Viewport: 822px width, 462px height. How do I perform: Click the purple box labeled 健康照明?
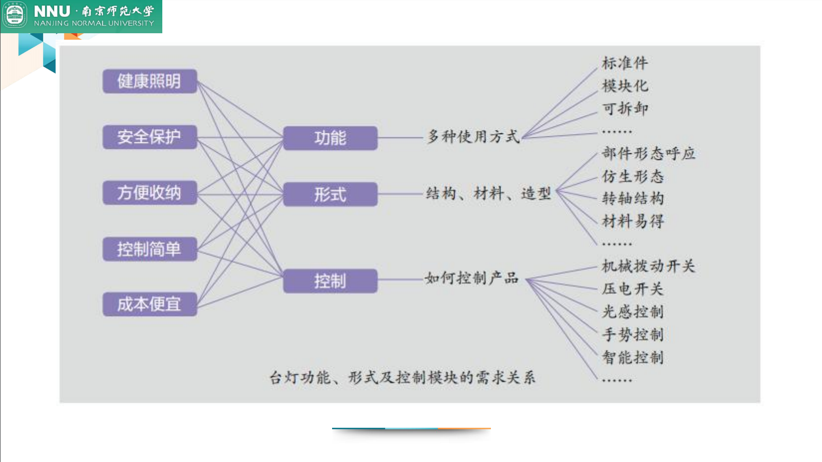pyautogui.click(x=149, y=81)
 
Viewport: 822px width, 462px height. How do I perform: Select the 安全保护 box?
pyautogui.click(x=149, y=137)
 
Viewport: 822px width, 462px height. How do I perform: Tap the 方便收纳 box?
pyautogui.click(x=149, y=193)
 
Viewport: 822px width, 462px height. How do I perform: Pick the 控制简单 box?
pyautogui.click(x=149, y=249)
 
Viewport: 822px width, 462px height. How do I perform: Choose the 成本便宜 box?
pyautogui.click(x=149, y=304)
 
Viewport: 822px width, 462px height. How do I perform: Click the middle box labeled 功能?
pyautogui.click(x=330, y=138)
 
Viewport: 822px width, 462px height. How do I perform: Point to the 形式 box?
pyautogui.click(x=330, y=194)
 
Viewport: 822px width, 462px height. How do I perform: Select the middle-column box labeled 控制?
pyautogui.click(x=330, y=281)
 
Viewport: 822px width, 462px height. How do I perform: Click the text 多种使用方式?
pyautogui.click(x=473, y=136)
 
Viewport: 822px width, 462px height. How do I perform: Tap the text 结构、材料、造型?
pyautogui.click(x=488, y=193)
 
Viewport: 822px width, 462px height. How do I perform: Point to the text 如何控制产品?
pyautogui.click(x=472, y=278)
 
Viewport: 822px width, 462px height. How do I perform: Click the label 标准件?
pyautogui.click(x=625, y=63)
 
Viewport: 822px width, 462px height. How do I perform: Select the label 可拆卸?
pyautogui.click(x=625, y=108)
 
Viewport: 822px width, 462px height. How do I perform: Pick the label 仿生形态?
pyautogui.click(x=633, y=176)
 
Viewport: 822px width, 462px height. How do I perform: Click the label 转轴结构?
pyautogui.click(x=633, y=198)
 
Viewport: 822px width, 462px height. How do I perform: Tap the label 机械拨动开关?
pyautogui.click(x=648, y=266)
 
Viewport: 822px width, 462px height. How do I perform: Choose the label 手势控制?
pyautogui.click(x=633, y=334)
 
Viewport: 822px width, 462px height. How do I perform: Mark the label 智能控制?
pyautogui.click(x=633, y=357)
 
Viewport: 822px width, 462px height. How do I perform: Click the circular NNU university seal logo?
pyautogui.click(x=15, y=15)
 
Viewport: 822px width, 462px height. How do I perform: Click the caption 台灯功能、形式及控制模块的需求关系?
pyautogui.click(x=402, y=378)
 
